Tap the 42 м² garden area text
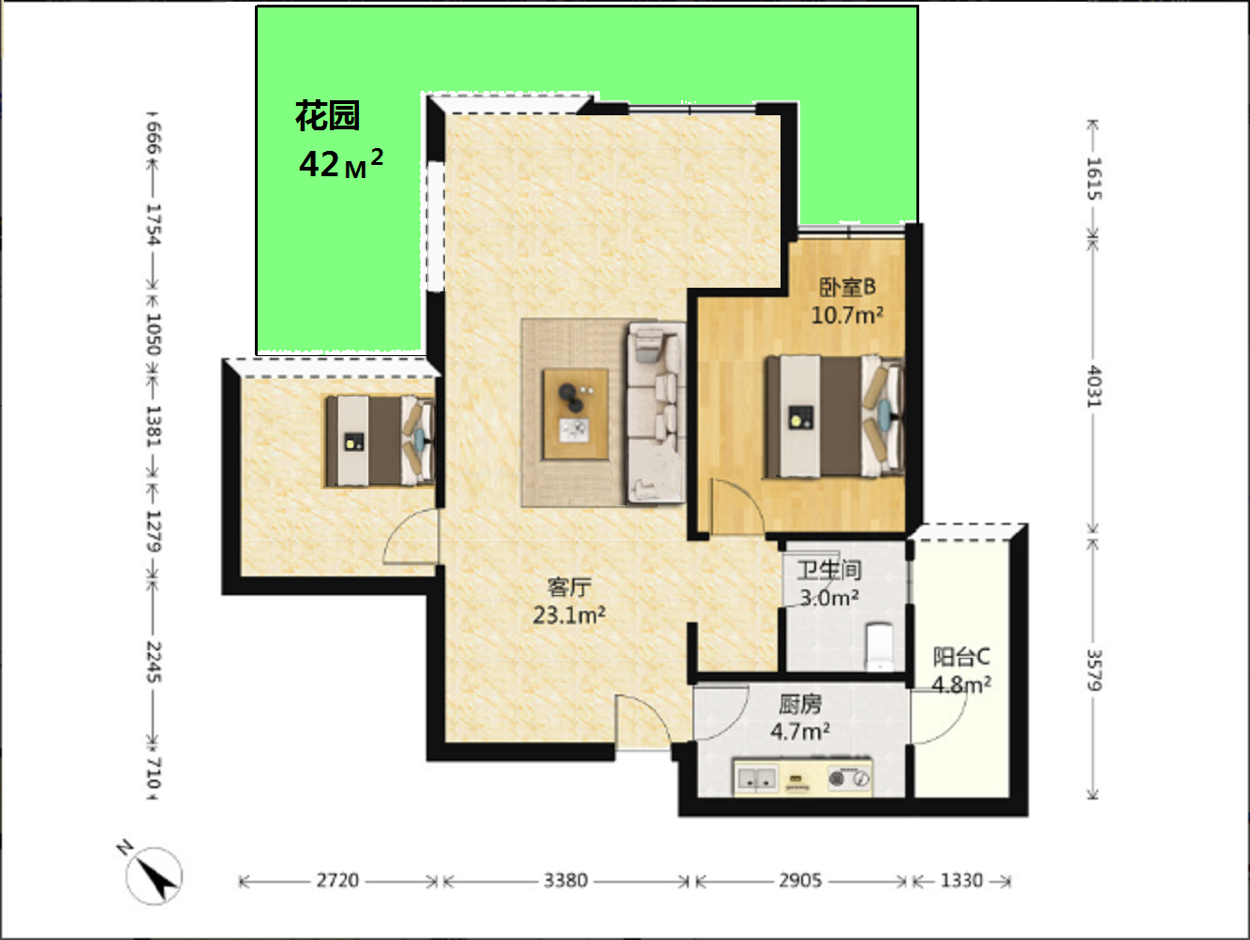340,163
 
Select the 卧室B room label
847,287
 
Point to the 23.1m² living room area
569,615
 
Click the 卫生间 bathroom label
828,570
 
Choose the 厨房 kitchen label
800,704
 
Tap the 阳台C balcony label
961,657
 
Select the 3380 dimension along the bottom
565,881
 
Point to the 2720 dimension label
337,881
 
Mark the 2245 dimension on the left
154,663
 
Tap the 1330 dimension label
961,881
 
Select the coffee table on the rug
575,414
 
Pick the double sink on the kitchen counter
756,778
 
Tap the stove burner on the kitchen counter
837,778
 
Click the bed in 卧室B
834,416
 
